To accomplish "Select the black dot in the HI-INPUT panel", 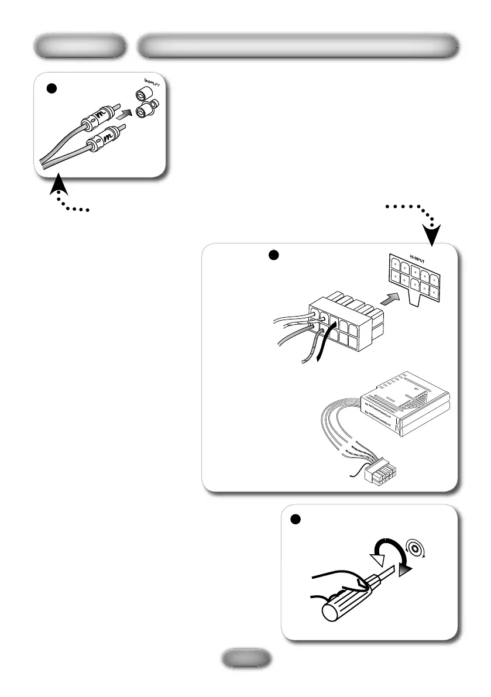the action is point(273,255).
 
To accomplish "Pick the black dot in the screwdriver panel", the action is point(296,519).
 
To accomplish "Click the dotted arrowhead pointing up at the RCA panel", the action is point(57,184).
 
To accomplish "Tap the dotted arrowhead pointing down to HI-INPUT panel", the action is point(432,235).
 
